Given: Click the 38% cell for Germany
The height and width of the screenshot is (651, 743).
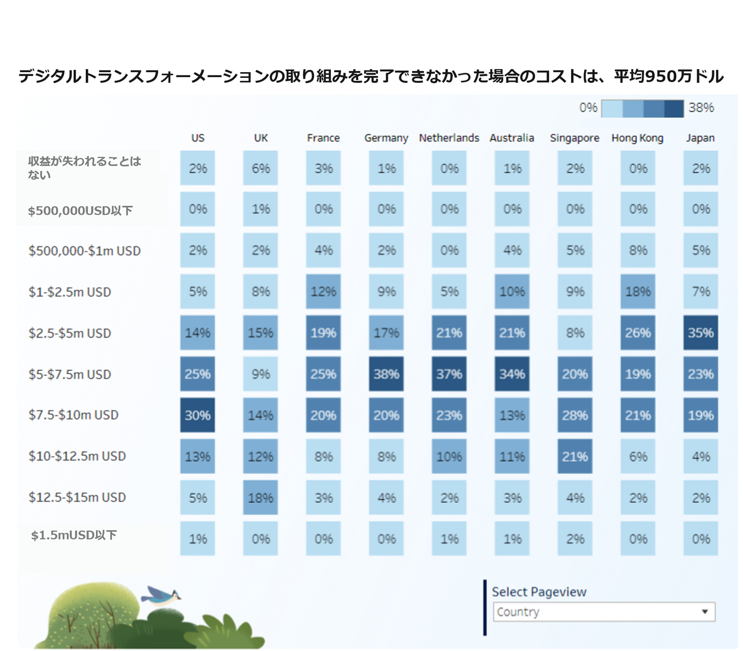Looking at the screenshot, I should [x=386, y=374].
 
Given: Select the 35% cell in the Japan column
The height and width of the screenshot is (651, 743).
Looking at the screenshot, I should [x=701, y=333].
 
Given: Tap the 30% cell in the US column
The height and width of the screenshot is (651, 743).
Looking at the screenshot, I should [x=198, y=415].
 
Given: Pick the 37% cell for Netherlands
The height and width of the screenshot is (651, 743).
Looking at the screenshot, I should [x=449, y=374].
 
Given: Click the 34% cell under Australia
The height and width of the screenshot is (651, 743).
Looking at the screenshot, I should [x=512, y=374].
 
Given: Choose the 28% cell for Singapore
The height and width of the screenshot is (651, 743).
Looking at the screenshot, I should [x=575, y=415].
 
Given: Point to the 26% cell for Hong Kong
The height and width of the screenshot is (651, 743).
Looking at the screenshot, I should [x=638, y=333].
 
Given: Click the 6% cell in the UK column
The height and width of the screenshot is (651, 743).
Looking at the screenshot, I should [x=261, y=168].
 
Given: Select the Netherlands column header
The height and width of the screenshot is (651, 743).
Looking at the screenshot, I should [x=449, y=138].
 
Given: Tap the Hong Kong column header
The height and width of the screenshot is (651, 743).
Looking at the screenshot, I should [x=637, y=138].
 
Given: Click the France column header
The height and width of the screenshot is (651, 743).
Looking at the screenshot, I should [x=323, y=138].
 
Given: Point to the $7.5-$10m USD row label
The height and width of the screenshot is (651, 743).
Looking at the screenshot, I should [x=74, y=415].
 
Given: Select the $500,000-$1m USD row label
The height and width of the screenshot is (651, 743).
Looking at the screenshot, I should [x=85, y=251].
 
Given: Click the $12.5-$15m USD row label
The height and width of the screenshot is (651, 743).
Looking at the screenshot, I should [x=77, y=497].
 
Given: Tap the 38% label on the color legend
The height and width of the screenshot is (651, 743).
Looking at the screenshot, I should [x=701, y=108].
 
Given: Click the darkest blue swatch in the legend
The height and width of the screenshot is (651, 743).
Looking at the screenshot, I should [x=674, y=108].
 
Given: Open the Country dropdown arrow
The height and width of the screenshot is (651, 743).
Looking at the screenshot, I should [x=705, y=612].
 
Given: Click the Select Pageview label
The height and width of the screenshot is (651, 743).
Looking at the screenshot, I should [x=539, y=592].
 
